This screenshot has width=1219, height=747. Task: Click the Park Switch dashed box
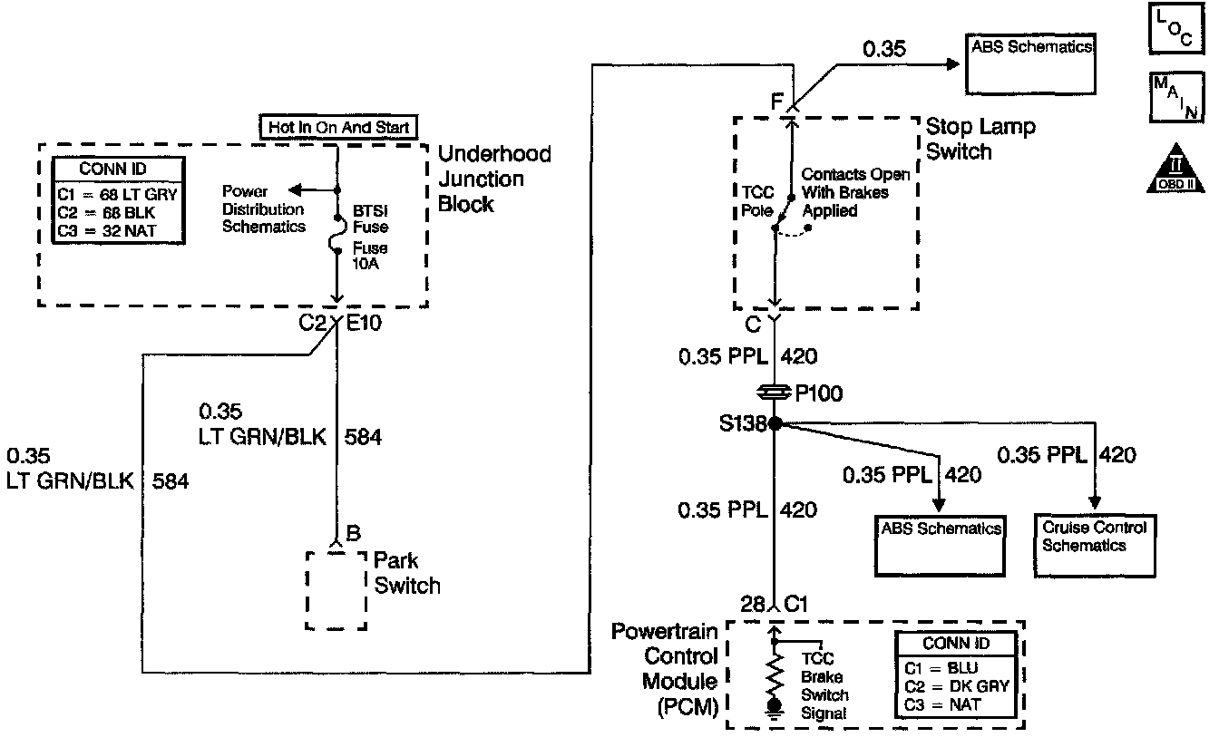click(x=336, y=589)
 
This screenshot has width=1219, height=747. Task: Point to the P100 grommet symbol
click(x=775, y=393)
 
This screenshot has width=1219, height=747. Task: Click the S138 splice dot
click(x=775, y=422)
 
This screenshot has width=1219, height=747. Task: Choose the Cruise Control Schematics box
click(x=1094, y=546)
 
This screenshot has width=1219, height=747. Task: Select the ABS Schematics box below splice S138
click(x=939, y=546)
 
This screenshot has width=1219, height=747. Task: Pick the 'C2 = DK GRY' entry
click(x=956, y=685)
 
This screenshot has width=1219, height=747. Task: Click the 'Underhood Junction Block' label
click(x=493, y=179)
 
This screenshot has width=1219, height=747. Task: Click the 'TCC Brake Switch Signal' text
click(x=824, y=686)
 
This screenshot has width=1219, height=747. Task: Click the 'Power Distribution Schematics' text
click(x=264, y=209)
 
